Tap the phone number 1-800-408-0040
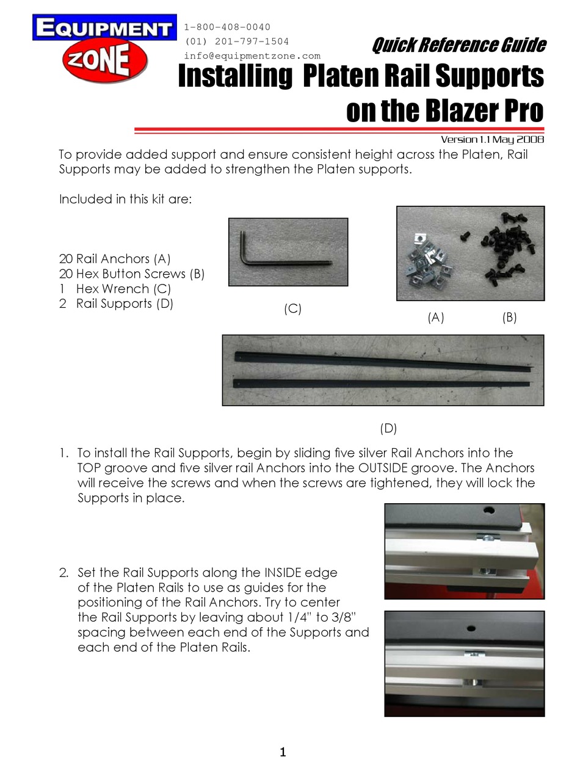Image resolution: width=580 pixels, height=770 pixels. click(x=227, y=27)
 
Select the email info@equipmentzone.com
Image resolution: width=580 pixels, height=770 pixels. click(x=252, y=56)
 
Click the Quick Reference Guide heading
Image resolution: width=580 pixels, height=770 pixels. click(x=459, y=45)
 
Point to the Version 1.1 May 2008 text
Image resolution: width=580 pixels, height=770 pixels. click(x=491, y=139)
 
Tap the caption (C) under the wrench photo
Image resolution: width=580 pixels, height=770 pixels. click(x=292, y=309)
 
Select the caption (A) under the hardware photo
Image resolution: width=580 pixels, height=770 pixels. click(x=435, y=318)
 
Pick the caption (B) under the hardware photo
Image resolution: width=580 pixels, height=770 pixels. click(x=509, y=318)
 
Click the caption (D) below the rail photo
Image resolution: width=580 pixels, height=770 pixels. click(x=388, y=428)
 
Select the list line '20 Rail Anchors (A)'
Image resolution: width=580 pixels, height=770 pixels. click(x=115, y=259)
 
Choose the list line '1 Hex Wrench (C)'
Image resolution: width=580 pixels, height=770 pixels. click(x=115, y=289)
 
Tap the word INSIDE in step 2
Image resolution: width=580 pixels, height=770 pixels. click(x=290, y=573)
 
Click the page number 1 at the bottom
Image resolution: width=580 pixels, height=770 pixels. click(x=283, y=752)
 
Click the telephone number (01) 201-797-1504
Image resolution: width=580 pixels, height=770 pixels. click(x=237, y=42)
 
